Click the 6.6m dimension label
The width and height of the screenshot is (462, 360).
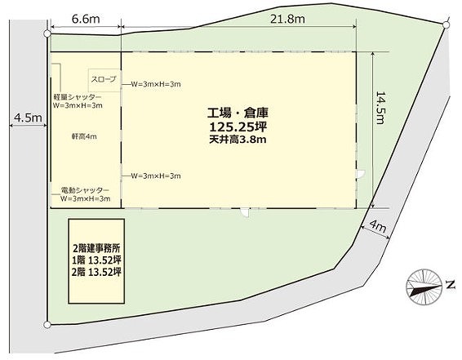tap(86, 19)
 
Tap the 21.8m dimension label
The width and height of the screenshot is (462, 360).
tap(287, 19)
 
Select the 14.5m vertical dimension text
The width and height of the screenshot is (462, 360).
tap(380, 108)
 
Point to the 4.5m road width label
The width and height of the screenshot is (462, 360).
tap(28, 118)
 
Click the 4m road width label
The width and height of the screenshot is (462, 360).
tap(378, 226)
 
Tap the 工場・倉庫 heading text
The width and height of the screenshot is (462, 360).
tap(238, 113)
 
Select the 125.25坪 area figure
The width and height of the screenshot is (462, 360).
tap(238, 127)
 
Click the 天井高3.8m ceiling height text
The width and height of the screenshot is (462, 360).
tap(238, 139)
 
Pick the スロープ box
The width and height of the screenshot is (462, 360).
tap(104, 80)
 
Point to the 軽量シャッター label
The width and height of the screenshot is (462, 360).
tap(78, 97)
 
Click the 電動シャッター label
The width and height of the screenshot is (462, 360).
tap(85, 190)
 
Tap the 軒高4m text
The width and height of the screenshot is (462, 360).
tap(84, 136)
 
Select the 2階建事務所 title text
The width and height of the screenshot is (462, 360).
tap(96, 249)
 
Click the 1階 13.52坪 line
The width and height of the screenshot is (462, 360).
tap(96, 260)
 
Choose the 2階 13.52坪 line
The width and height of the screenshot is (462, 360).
tap(96, 272)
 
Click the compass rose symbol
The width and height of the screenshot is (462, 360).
tap(424, 287)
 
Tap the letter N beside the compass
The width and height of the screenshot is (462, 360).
tap(450, 285)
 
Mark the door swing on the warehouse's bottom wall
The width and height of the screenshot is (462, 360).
tap(245, 212)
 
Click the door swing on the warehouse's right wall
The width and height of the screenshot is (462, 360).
tap(361, 174)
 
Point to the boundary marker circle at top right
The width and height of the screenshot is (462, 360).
tap(446, 25)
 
